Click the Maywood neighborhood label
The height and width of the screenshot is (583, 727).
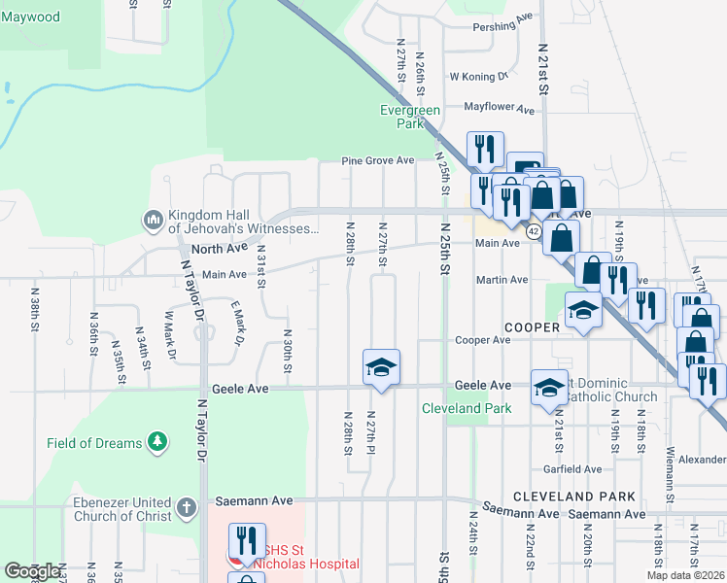coord(30,17)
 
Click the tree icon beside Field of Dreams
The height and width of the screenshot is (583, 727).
coord(156,443)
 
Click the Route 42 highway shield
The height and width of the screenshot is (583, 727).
coord(534,231)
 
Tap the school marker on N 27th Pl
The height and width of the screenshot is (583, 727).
coord(381,367)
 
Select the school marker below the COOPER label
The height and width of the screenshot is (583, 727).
coord(581,312)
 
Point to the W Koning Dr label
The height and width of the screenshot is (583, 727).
coord(478,76)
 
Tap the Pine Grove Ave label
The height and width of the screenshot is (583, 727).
coord(377,160)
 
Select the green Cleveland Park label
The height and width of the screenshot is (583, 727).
coord(467,408)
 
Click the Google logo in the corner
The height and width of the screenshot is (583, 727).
coord(33,572)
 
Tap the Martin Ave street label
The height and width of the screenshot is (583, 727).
coord(502,280)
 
